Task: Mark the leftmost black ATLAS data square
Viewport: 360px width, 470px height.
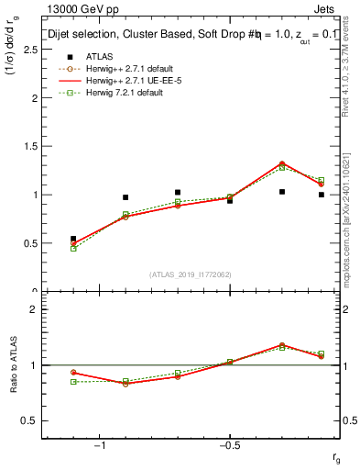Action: point(73,239)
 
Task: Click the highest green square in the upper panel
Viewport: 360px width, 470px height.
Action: point(282,168)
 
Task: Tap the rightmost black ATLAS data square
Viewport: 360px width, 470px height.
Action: point(322,195)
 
